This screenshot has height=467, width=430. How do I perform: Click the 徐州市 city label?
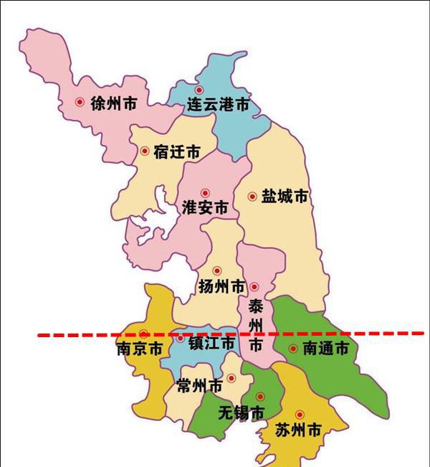(x=114, y=103)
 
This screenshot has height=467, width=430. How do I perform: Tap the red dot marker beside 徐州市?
(x=80, y=103)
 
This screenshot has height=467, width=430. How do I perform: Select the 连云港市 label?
(x=218, y=105)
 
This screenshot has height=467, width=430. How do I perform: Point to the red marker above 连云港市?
(x=199, y=90)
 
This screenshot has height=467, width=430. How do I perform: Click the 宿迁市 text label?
(x=176, y=152)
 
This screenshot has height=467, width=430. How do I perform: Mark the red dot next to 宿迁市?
(x=145, y=151)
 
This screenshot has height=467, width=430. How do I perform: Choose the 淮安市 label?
(x=205, y=208)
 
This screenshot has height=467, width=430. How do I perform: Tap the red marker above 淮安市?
(x=205, y=192)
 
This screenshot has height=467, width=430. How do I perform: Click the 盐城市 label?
(x=285, y=196)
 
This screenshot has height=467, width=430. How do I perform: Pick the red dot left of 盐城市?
(x=252, y=196)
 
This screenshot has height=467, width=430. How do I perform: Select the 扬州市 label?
(x=222, y=287)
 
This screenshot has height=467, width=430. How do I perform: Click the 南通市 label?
(x=325, y=349)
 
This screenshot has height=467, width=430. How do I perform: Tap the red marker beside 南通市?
(x=293, y=349)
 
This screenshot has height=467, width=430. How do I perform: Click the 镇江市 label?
(x=211, y=344)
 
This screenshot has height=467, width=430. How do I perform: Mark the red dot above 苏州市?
(x=300, y=414)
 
